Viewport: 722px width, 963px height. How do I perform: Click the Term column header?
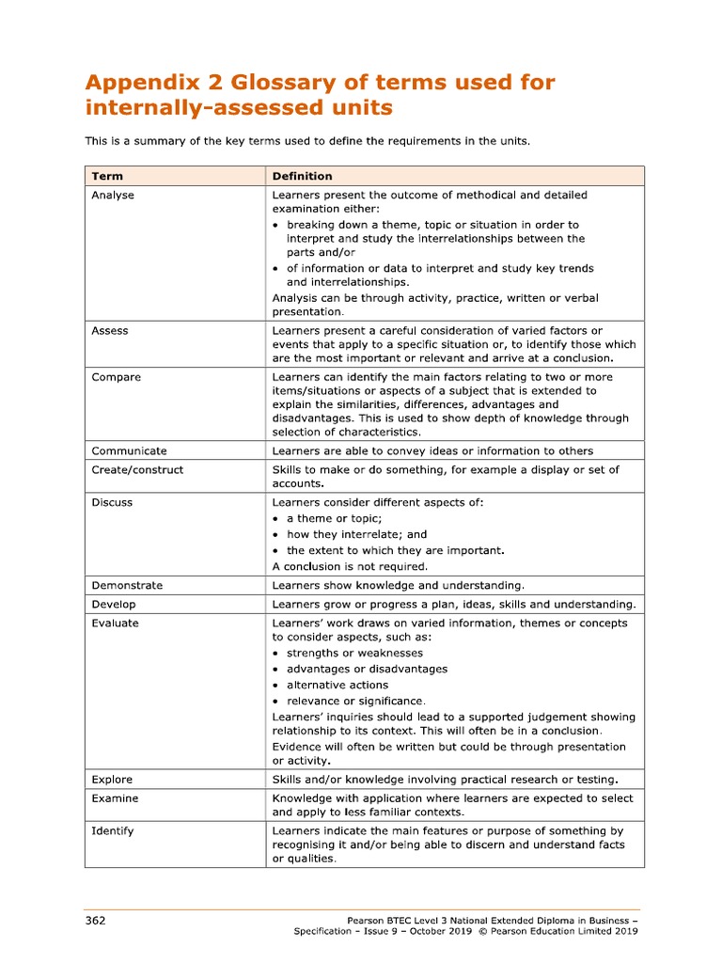pos(107,176)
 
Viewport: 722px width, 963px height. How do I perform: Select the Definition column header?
pos(302,176)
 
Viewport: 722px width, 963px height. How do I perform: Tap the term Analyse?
pos(113,196)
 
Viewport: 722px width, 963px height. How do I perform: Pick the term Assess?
pos(110,331)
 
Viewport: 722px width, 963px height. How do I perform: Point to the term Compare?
pos(117,377)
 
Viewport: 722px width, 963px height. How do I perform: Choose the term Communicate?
pos(129,451)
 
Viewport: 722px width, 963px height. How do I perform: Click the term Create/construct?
pos(137,470)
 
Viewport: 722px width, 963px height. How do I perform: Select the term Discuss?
pos(112,503)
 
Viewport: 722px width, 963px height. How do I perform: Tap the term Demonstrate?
pos(127,586)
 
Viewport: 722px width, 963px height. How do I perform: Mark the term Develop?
pos(114,605)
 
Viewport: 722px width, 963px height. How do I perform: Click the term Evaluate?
pos(115,624)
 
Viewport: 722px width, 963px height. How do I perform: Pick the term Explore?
pos(112,780)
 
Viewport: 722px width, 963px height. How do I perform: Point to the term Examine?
pos(115,798)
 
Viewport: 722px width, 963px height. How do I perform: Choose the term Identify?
pos(113,831)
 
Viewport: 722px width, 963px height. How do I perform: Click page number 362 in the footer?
pos(95,920)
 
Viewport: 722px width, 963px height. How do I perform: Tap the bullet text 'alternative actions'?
pos(337,686)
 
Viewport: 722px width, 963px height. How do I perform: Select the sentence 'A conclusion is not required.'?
pos(350,567)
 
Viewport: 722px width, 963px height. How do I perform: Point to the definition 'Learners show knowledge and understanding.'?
pos(398,586)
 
